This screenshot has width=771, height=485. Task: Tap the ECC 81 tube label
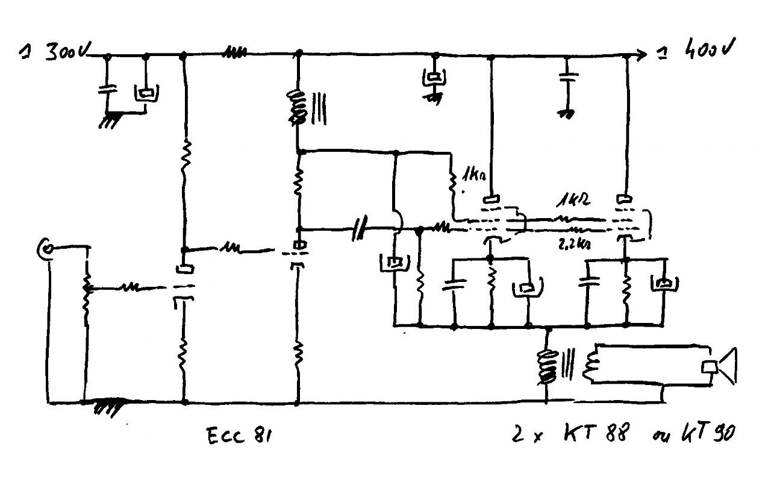coord(239,436)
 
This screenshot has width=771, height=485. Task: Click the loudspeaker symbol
coord(720,367)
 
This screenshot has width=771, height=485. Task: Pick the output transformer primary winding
coord(546,368)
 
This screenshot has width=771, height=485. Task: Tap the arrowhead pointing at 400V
coord(642,55)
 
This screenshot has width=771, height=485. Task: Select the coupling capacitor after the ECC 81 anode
coord(359,229)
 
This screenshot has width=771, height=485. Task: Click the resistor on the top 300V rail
coord(235,54)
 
